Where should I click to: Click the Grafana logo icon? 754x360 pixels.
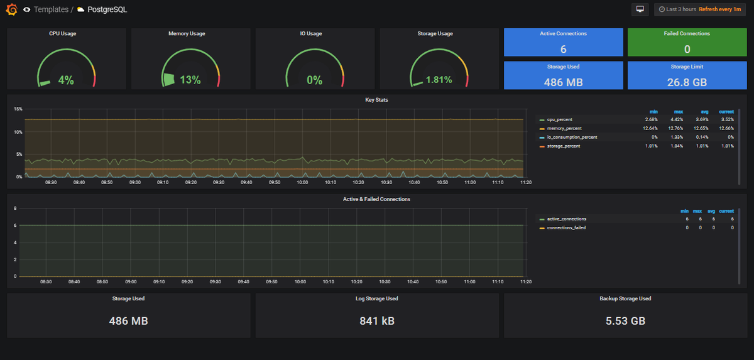(11, 9)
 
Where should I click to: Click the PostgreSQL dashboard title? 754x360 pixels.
(107, 9)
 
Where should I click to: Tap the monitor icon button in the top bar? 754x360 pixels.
(640, 9)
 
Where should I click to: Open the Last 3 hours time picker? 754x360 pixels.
(699, 9)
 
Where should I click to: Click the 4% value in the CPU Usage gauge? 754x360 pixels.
(66, 80)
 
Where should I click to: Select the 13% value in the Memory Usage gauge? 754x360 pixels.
(190, 80)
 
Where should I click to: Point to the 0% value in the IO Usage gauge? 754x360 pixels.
(314, 80)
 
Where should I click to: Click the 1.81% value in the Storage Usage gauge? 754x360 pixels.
(439, 80)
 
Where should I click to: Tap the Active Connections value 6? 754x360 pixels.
(563, 50)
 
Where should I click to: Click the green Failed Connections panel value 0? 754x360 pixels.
(687, 50)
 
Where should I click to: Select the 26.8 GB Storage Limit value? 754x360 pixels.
(687, 82)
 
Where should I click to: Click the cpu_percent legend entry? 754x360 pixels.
(559, 119)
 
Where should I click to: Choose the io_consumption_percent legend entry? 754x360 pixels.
(572, 137)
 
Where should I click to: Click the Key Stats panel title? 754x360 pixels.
(377, 100)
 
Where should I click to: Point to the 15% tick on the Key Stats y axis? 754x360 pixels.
(18, 109)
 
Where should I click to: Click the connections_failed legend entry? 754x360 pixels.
(566, 227)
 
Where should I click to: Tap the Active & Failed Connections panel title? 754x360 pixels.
(377, 199)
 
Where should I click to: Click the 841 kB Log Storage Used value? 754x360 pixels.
(377, 321)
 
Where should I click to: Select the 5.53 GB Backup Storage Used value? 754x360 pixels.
(625, 321)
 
